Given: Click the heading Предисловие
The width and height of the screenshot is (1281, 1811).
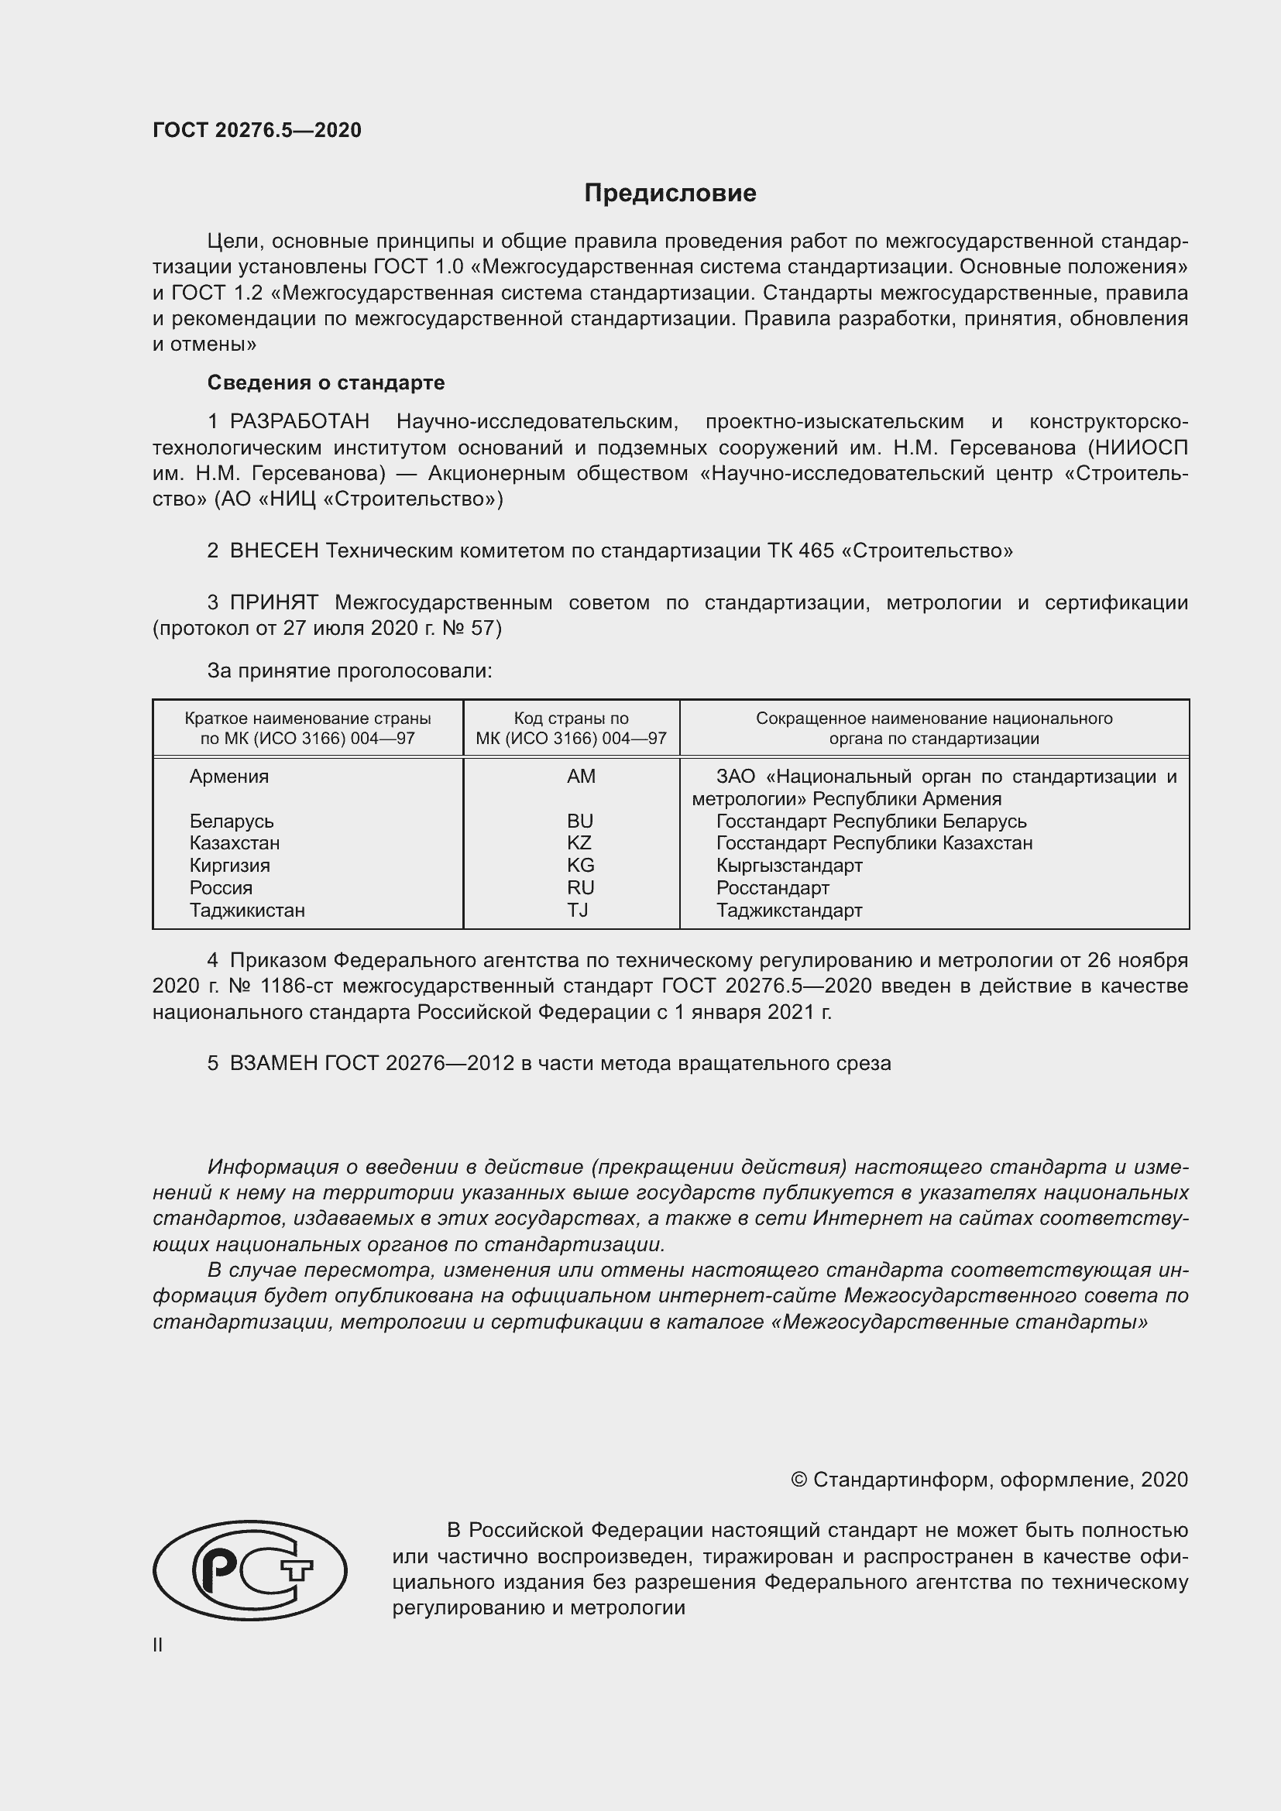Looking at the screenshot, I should (x=670, y=194).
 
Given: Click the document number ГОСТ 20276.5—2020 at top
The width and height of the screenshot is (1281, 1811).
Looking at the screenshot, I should (x=257, y=130).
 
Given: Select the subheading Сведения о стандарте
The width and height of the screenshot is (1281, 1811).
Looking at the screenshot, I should (x=326, y=382).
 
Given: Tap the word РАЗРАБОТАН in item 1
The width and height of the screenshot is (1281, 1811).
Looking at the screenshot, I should (x=299, y=422).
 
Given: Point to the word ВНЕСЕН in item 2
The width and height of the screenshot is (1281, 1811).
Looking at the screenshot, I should (x=273, y=551).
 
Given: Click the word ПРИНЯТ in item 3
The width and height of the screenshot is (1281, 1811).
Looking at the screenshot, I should (x=273, y=602).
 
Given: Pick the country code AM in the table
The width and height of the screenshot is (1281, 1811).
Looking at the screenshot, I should (x=581, y=776).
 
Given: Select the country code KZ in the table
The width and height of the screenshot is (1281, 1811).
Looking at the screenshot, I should (x=579, y=842).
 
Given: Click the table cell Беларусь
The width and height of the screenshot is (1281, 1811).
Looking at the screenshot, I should (x=231, y=821).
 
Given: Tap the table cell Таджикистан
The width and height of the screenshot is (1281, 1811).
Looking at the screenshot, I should (x=247, y=911).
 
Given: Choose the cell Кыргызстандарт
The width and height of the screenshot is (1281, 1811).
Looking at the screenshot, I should (x=788, y=866).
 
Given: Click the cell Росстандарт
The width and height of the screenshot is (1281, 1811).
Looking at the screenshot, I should (x=772, y=887).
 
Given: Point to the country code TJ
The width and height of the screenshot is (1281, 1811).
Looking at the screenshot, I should (x=578, y=911).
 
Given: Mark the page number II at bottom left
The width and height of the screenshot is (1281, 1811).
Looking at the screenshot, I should (x=158, y=1645).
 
